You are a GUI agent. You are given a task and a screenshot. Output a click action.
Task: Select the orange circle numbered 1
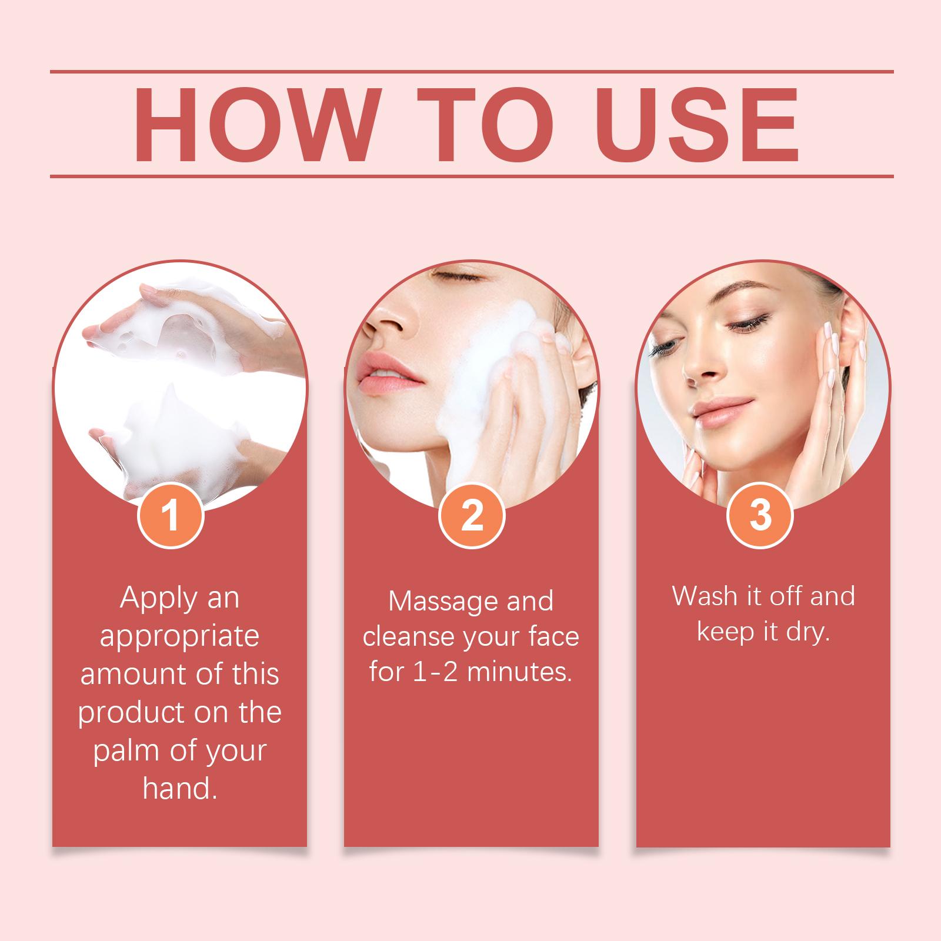[x=171, y=516]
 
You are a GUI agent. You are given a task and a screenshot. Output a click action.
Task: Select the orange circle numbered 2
[x=472, y=516]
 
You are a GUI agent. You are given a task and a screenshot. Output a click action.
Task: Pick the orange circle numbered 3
[x=760, y=516]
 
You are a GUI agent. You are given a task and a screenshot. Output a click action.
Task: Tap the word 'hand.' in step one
[x=180, y=789]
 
